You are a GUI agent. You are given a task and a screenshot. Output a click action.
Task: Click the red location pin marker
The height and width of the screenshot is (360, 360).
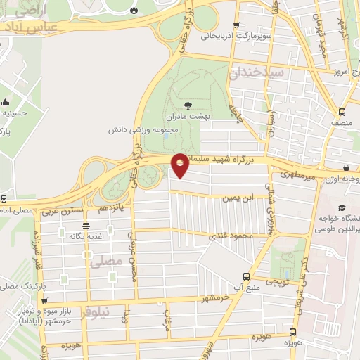(180, 165)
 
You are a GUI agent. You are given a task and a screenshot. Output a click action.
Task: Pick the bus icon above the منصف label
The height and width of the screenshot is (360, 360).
(342, 111)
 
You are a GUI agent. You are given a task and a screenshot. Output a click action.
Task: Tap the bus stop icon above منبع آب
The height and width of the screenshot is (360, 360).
(245, 276)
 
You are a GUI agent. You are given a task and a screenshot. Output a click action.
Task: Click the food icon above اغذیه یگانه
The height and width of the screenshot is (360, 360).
(86, 226)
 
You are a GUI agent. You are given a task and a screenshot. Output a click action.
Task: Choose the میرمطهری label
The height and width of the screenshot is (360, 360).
(300, 173)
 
